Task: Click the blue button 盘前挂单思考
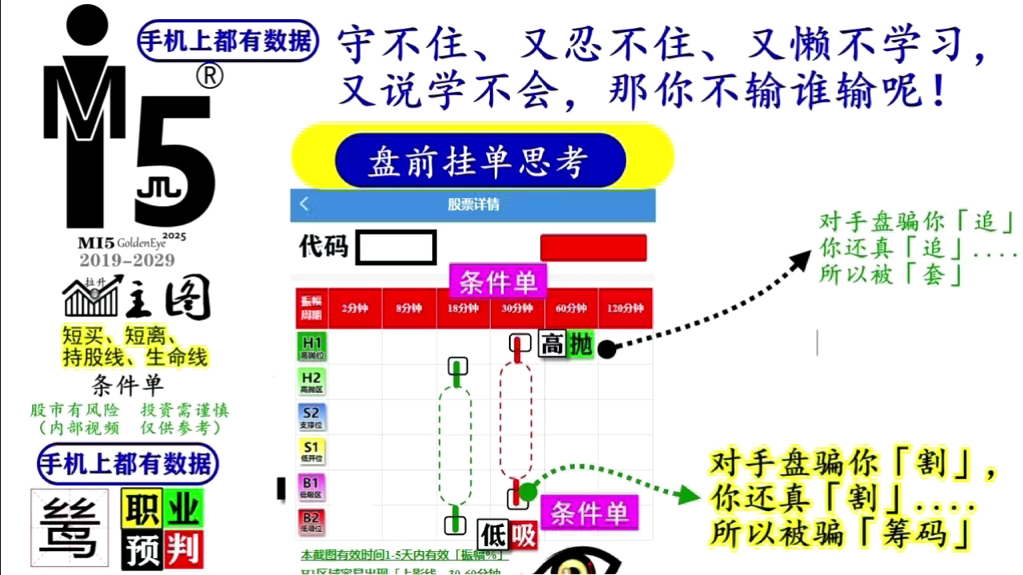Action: (x=480, y=161)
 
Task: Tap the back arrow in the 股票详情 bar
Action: (x=304, y=204)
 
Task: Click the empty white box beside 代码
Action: (x=396, y=247)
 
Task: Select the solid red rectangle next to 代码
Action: (x=593, y=248)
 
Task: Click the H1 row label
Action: (x=311, y=347)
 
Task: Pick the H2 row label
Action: (x=311, y=382)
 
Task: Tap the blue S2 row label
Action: (x=311, y=417)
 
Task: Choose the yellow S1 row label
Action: (x=311, y=451)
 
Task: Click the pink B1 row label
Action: (x=311, y=486)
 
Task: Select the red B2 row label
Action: (x=311, y=521)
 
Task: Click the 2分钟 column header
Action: (x=355, y=308)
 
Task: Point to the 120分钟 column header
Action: (x=625, y=308)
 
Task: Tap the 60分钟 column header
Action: (x=571, y=308)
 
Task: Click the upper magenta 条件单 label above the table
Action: (x=497, y=282)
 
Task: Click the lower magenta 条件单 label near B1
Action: (x=589, y=513)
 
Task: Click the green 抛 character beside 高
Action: (x=581, y=345)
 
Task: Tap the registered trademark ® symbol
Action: (x=209, y=77)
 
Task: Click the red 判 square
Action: (x=184, y=549)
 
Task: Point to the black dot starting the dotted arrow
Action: (x=607, y=349)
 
